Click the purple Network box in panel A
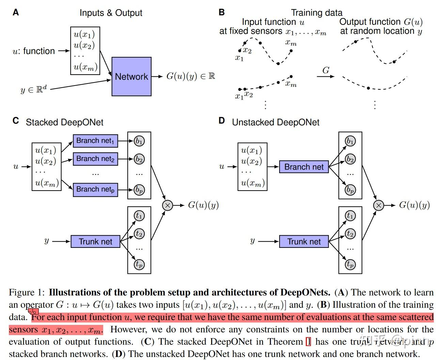(x=131, y=76)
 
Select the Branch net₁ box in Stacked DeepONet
(x=95, y=141)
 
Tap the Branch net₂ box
(x=95, y=159)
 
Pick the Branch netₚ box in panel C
(x=95, y=190)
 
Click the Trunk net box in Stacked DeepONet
(x=95, y=241)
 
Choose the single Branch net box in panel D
(x=304, y=167)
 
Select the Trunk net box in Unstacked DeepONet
(x=304, y=241)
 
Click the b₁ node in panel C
(x=139, y=141)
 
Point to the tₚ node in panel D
(x=350, y=264)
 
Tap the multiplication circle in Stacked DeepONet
(x=167, y=205)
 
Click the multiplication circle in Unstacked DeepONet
(x=378, y=205)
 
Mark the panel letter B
(x=222, y=12)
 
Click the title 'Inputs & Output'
(x=111, y=13)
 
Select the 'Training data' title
(x=316, y=13)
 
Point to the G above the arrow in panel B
(x=326, y=70)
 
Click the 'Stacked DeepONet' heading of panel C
(x=64, y=122)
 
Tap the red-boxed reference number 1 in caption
(x=308, y=342)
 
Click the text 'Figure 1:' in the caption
(x=27, y=292)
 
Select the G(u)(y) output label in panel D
(x=414, y=205)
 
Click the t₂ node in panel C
(x=139, y=234)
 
